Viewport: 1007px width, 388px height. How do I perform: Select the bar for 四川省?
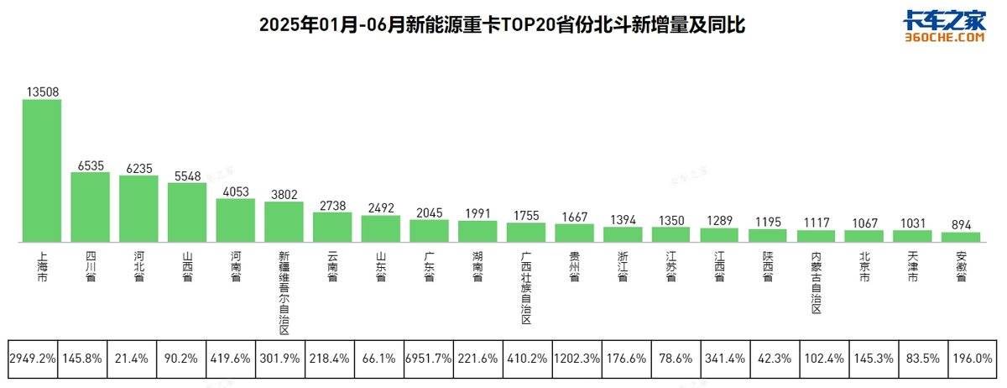pos(91,207)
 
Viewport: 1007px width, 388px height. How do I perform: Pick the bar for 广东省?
pos(430,232)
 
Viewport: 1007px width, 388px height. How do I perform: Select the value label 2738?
pos(332,205)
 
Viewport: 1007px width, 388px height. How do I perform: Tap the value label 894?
pos(962,223)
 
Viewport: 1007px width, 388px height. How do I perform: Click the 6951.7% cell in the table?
pos(429,358)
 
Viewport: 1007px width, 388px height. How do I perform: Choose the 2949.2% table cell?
pos(33,358)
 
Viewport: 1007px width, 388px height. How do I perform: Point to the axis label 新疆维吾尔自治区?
pos(284,291)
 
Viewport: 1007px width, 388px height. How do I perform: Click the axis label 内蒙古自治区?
pos(817,281)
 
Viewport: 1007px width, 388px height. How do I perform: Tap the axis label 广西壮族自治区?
pos(526,286)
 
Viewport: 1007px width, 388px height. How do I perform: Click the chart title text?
pos(502,26)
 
